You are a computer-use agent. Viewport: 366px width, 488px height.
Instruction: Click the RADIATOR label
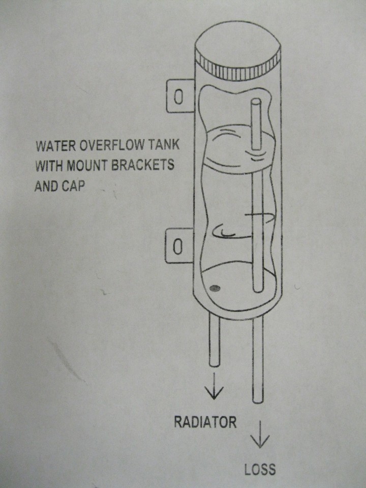click(205, 422)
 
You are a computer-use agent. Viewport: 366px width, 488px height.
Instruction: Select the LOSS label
click(260, 469)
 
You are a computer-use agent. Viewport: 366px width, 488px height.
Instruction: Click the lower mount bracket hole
click(177, 247)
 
